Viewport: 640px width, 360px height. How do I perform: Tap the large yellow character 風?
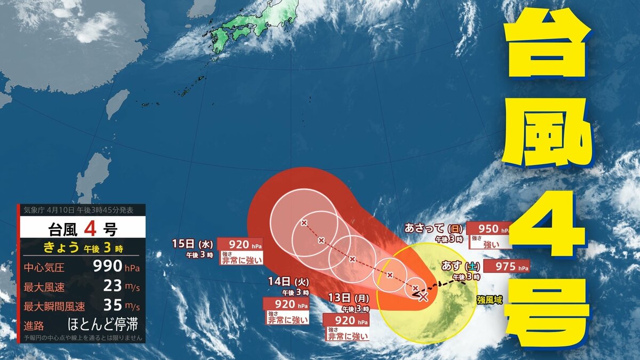[x=549, y=134]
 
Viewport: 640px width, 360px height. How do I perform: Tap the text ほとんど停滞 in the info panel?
[x=105, y=324]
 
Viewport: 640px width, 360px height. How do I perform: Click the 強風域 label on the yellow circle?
[x=490, y=301]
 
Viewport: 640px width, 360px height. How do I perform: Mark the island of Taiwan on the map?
[x=117, y=104]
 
